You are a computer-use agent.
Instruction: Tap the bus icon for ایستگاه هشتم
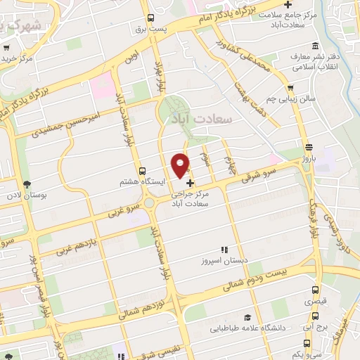coord(143,171)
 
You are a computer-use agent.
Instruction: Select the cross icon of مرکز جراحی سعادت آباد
coord(191,183)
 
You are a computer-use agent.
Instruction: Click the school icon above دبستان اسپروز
coord(224,250)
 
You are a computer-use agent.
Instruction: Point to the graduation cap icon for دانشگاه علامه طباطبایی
coord(247,316)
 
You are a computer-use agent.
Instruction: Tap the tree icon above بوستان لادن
coord(27,184)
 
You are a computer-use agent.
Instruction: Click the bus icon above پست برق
coord(150,19)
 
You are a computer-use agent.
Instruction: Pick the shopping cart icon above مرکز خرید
coord(6,48)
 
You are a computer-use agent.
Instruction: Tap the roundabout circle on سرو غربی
coord(150,203)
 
